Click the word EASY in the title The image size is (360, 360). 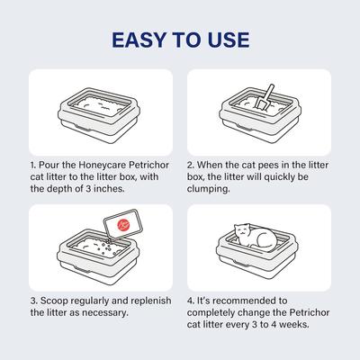139,40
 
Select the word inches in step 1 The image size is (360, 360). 109,189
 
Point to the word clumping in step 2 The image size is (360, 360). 209,189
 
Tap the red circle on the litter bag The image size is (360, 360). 122,225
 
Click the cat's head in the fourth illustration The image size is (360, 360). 243,232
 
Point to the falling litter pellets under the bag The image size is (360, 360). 107,247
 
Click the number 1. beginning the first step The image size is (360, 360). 33,166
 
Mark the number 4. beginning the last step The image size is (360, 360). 191,301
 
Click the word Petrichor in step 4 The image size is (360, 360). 310,312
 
